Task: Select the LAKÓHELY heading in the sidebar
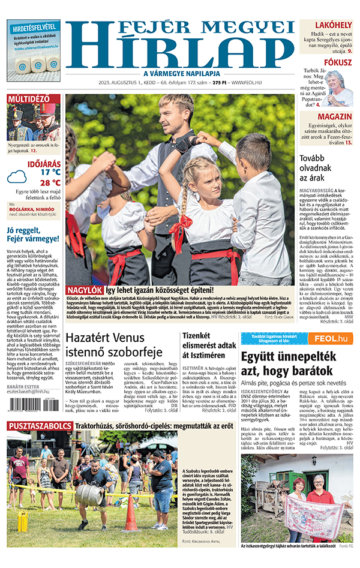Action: coord(333,25)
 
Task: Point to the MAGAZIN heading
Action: coord(334,116)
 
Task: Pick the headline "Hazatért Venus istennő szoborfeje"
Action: coord(113,345)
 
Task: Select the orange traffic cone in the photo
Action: coord(130,513)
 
